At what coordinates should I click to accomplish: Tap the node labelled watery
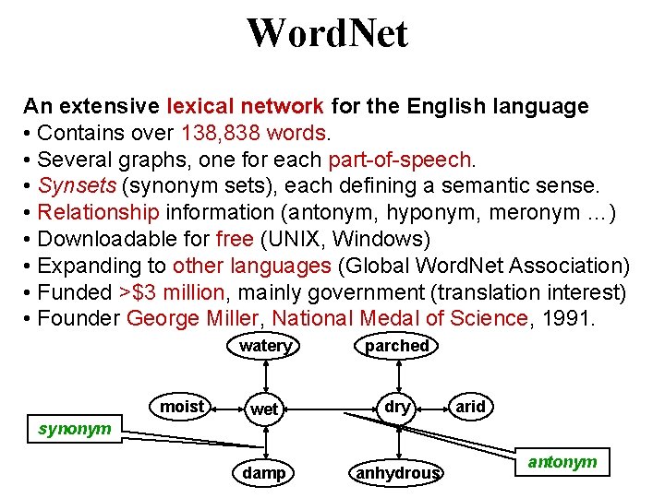pyautogui.click(x=265, y=346)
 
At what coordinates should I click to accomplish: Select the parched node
pyautogui.click(x=397, y=346)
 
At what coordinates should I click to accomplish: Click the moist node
pyautogui.click(x=182, y=407)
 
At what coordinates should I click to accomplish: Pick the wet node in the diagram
pyautogui.click(x=264, y=409)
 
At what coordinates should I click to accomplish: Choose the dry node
pyautogui.click(x=397, y=407)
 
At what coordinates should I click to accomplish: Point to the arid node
pyautogui.click(x=470, y=407)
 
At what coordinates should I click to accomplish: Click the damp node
pyautogui.click(x=264, y=472)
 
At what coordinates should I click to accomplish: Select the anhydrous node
pyautogui.click(x=397, y=473)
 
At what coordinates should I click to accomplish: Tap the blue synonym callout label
pyautogui.click(x=75, y=429)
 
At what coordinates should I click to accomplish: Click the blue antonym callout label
pyautogui.click(x=562, y=461)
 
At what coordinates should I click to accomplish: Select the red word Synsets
pyautogui.click(x=78, y=186)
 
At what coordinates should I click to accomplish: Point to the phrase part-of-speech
pyautogui.click(x=400, y=160)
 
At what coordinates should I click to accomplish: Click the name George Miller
pyautogui.click(x=194, y=319)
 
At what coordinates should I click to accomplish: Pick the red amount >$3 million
pyautogui.click(x=172, y=292)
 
